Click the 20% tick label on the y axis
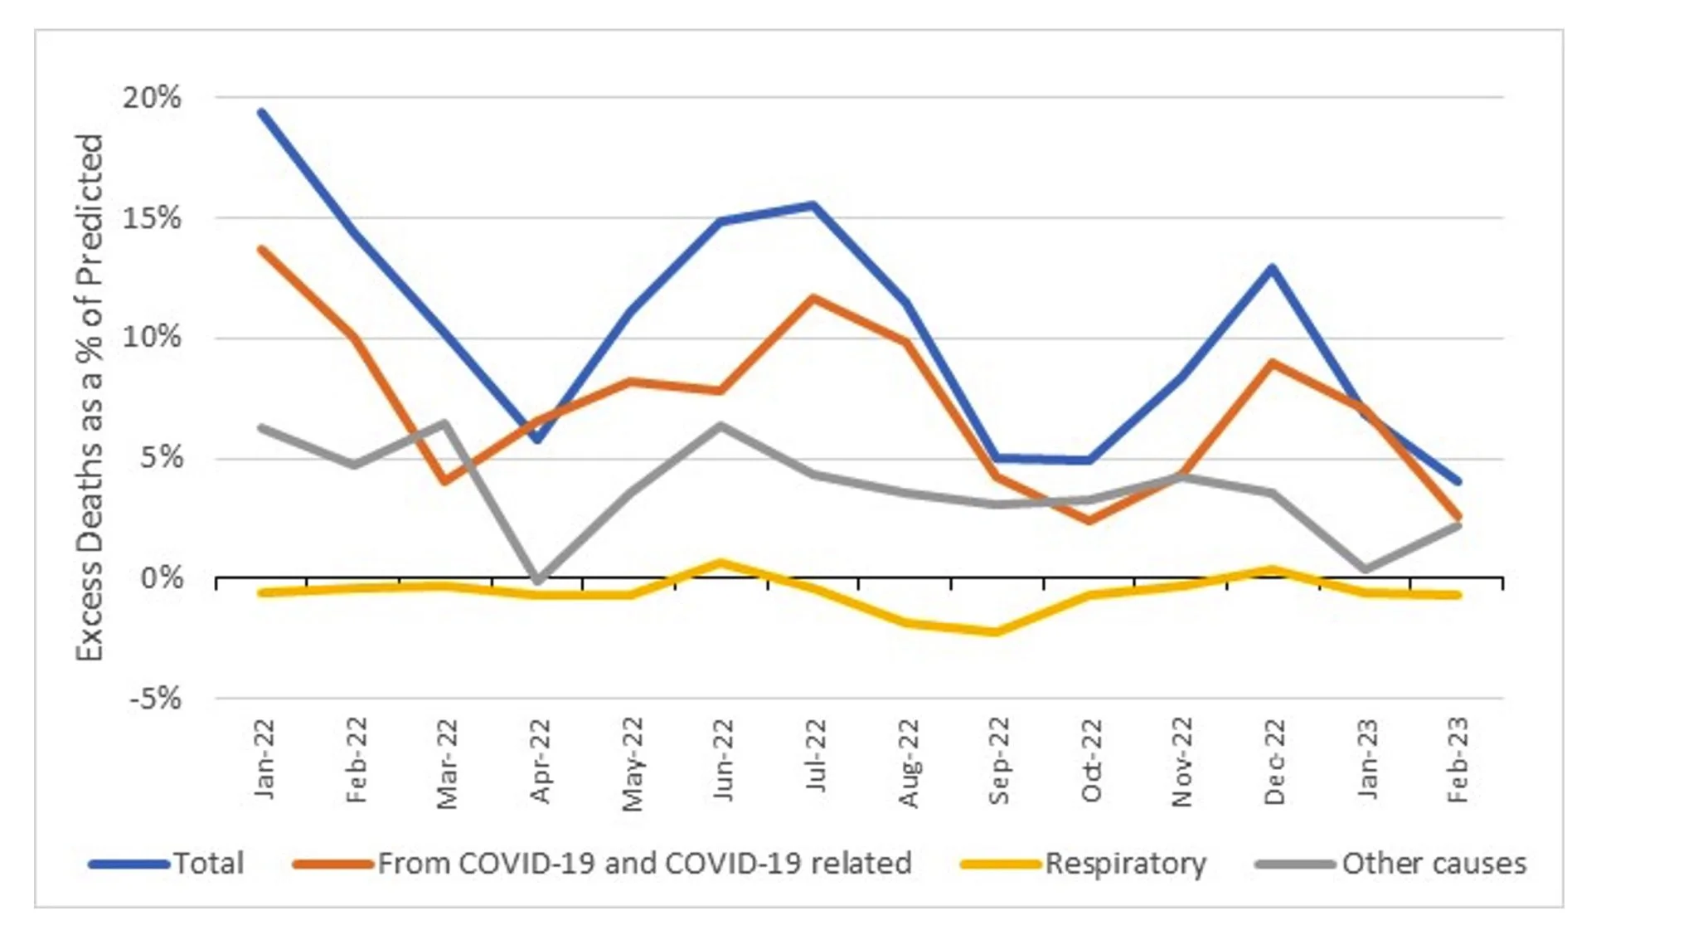click(152, 98)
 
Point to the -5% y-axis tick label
click(155, 699)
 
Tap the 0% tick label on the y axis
click(162, 577)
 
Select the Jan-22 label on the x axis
click(264, 760)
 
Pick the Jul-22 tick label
click(816, 756)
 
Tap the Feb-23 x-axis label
click(1458, 760)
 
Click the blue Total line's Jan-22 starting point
click(262, 112)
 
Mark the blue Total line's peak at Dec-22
click(1272, 267)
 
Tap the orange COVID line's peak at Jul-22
click(813, 298)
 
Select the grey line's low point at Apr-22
click(538, 579)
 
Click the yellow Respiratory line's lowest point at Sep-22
click(996, 632)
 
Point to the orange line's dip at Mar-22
click(445, 480)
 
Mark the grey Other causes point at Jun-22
click(720, 426)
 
